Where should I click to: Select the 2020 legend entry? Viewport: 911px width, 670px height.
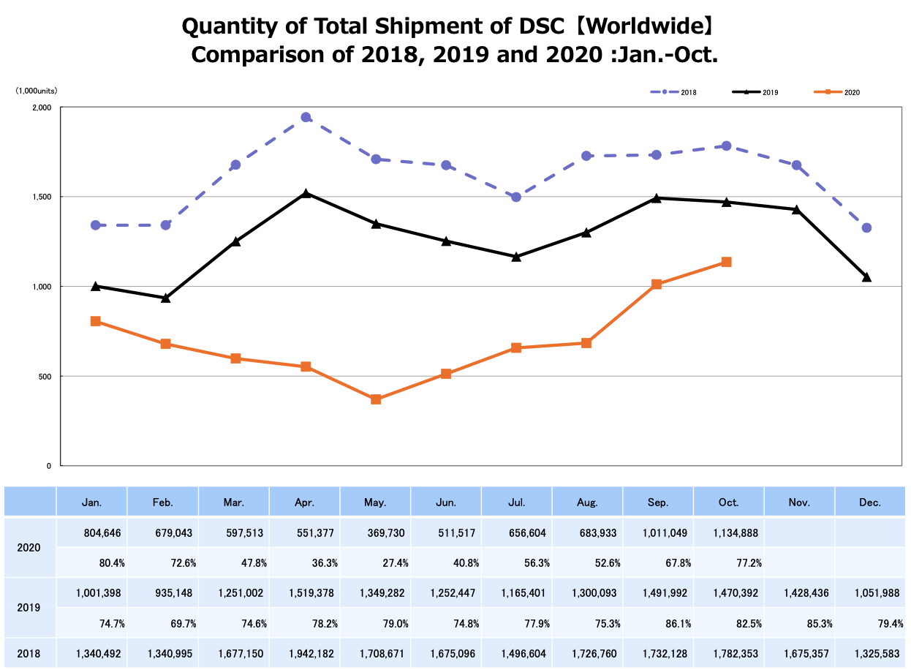tap(836, 92)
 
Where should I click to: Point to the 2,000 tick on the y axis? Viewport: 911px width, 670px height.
tap(42, 108)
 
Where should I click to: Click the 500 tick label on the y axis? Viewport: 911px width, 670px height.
tap(45, 376)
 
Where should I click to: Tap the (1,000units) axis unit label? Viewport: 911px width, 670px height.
tap(37, 91)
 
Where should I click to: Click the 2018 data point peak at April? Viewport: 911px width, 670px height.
tap(306, 117)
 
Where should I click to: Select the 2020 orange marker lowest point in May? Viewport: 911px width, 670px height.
tap(376, 399)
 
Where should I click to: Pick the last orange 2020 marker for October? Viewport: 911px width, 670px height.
tap(727, 262)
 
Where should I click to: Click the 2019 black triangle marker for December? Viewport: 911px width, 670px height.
tap(866, 277)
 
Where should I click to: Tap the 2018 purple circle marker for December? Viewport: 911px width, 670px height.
tap(866, 227)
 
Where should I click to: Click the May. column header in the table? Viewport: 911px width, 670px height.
tap(375, 502)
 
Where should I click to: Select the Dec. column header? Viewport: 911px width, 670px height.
tap(870, 502)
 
